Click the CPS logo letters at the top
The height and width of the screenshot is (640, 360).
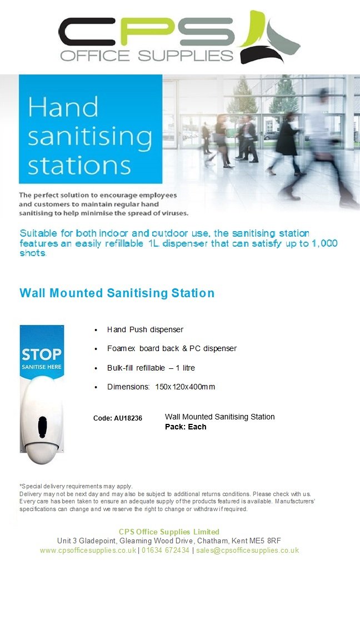147,32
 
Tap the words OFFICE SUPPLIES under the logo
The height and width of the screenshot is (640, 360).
147,56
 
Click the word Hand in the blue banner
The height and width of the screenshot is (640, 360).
63,107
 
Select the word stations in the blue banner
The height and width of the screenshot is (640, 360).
79,165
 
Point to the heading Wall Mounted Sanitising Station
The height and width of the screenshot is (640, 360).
117,293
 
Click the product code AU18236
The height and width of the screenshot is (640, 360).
128,418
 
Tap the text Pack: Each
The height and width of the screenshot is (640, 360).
186,427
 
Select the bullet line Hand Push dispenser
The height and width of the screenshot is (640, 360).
145,329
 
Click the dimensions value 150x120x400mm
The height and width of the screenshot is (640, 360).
185,387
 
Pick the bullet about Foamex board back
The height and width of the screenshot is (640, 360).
172,348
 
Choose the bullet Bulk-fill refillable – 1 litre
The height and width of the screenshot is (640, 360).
151,368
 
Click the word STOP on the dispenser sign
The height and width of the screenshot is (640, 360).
41,354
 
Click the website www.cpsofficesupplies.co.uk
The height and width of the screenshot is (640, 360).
88,550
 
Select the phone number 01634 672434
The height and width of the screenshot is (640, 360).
166,550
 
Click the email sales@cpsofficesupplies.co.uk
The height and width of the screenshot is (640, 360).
247,550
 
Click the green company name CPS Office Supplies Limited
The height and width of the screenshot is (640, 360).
169,532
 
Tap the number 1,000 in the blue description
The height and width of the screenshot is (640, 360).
321,243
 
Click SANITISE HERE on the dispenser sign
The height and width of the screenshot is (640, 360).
41,367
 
